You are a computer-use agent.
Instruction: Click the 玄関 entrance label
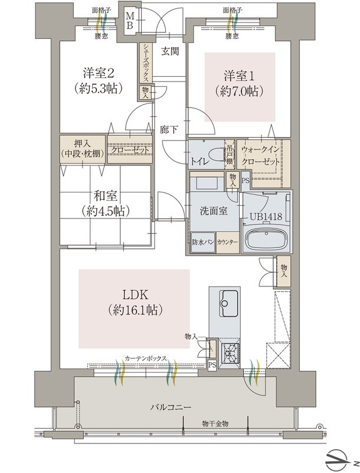point(170,51)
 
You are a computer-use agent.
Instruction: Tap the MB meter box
point(129,21)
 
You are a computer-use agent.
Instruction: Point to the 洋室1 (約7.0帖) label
point(239,83)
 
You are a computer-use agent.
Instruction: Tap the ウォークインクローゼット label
point(260,156)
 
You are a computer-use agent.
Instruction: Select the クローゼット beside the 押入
point(130,149)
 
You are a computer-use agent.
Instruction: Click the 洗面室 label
point(214,211)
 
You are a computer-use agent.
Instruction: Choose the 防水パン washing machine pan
point(203,243)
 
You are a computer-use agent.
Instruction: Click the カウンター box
point(228,243)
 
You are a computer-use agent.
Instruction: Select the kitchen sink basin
point(228,303)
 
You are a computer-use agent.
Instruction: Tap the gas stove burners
point(230,353)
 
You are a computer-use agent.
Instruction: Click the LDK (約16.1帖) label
point(135,302)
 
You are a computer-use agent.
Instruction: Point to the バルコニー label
point(171,407)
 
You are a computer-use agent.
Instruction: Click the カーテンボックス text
point(145,358)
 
